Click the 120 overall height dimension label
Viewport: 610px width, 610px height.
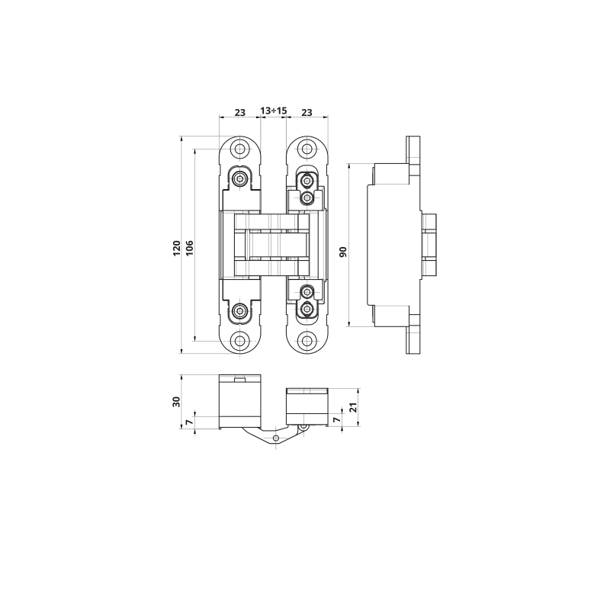(177, 249)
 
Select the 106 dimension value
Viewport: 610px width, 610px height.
(189, 249)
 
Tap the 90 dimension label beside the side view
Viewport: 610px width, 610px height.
(342, 252)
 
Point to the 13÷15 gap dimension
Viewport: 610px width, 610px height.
(274, 111)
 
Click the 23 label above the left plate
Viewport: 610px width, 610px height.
(240, 112)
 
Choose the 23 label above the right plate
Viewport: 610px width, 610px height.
(307, 112)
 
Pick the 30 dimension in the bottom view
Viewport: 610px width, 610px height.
(177, 402)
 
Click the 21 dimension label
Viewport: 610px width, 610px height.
(353, 407)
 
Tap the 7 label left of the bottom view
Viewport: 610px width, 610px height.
(189, 422)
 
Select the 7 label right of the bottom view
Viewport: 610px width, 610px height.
(337, 419)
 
